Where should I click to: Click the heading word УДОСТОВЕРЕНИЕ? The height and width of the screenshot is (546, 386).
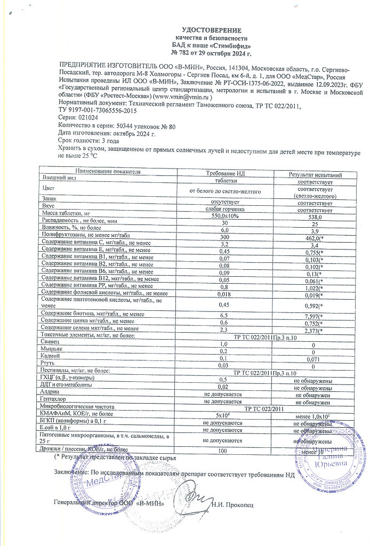click(x=211, y=30)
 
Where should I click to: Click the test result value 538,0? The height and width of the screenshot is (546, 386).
click(x=315, y=217)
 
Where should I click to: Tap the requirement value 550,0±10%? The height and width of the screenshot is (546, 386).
click(x=224, y=216)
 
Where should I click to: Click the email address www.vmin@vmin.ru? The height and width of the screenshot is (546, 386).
click(x=183, y=98)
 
